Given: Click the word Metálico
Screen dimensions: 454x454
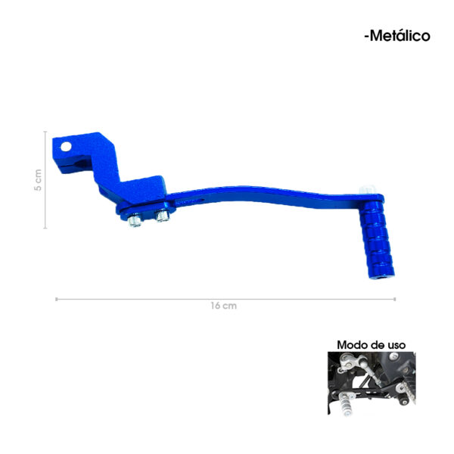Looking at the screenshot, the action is coord(400,36).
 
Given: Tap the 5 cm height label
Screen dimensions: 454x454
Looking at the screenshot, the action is coord(38,180).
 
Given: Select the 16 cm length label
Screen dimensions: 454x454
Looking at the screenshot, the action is coord(223,306).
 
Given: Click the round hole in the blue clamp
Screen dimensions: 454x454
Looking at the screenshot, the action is coord(66,147).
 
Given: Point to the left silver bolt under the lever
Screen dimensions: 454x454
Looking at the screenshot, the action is coord(135,220).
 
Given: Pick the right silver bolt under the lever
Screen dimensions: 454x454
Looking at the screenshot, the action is coord(162,216).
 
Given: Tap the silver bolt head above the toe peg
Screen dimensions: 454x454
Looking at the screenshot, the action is coord(367,190).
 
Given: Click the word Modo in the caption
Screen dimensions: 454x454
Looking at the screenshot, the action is coord(350,345).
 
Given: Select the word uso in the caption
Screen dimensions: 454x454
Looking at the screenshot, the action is coord(396,345).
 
